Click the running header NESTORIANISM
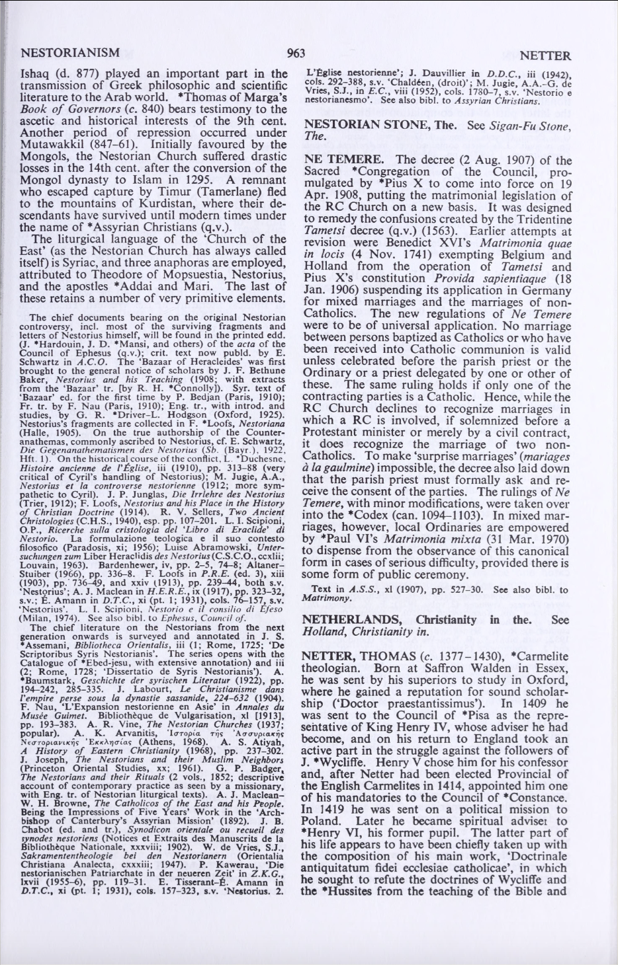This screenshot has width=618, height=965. pos(71,52)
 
